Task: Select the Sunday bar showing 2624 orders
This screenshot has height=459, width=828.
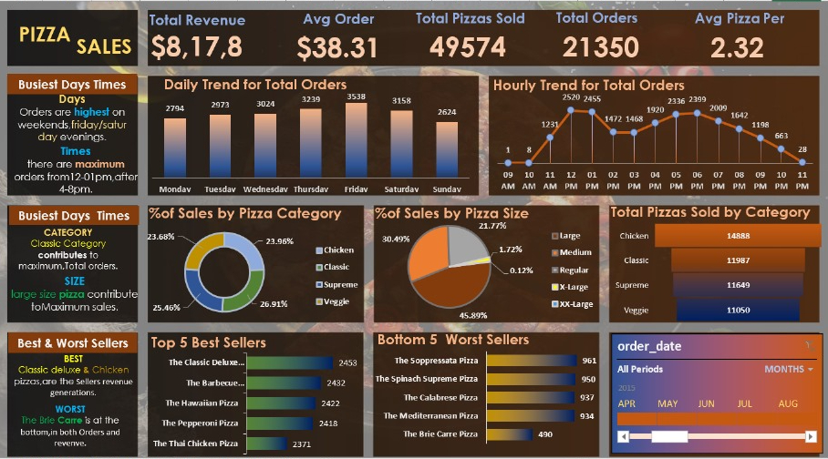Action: [445, 151]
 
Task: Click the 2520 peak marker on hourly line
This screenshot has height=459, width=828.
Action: [571, 111]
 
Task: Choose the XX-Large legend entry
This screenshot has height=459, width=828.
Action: [576, 302]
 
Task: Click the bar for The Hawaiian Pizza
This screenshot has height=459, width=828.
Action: [281, 403]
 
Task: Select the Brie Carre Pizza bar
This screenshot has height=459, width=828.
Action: [509, 435]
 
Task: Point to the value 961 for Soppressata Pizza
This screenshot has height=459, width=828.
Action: [589, 361]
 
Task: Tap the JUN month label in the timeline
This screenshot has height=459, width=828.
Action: [706, 403]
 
